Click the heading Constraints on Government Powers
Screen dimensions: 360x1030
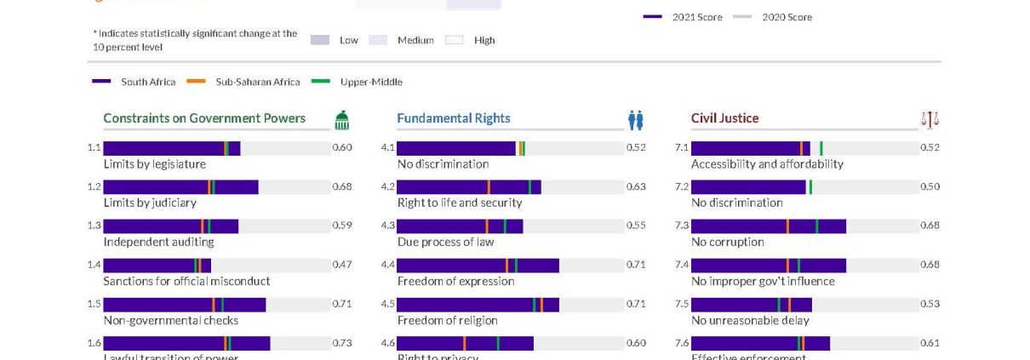(x=203, y=118)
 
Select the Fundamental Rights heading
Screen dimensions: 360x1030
(x=453, y=118)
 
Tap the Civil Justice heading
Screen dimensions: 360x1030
(x=724, y=118)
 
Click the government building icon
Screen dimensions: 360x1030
(x=341, y=120)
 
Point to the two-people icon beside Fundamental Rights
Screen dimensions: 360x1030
(x=636, y=120)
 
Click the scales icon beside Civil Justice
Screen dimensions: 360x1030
(x=930, y=120)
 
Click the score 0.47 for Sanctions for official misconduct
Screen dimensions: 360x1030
(x=341, y=265)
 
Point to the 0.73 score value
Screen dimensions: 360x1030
(x=341, y=343)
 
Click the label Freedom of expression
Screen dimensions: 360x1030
(x=455, y=281)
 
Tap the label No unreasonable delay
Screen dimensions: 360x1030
(x=749, y=320)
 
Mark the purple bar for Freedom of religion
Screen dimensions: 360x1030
(x=478, y=305)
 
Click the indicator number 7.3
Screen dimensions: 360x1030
(x=682, y=226)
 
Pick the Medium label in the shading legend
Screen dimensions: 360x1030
(x=415, y=40)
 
